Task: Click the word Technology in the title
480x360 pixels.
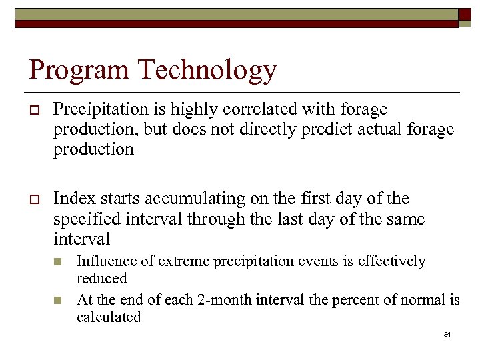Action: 204,71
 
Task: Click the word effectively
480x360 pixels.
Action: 391,261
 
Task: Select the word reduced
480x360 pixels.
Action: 101,278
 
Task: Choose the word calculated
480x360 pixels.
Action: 109,317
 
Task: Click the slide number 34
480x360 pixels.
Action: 447,334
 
